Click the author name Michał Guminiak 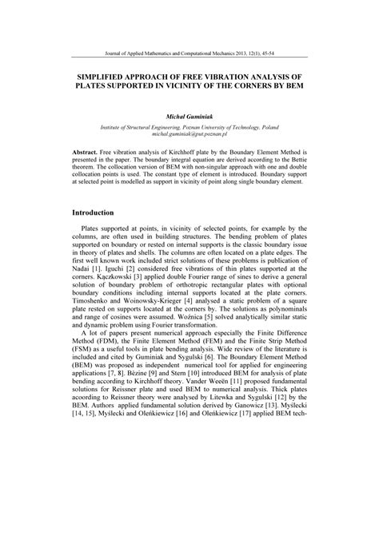(x=189, y=117)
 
